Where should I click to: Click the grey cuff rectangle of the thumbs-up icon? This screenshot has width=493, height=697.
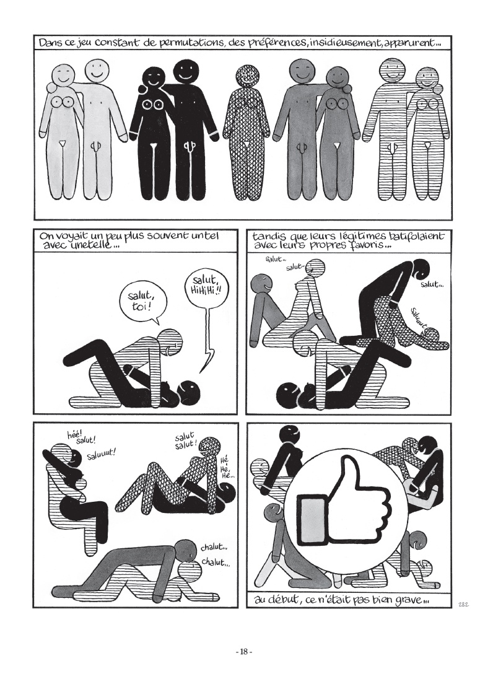(x=315, y=519)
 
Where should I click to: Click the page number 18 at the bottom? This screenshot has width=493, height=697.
(x=243, y=652)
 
